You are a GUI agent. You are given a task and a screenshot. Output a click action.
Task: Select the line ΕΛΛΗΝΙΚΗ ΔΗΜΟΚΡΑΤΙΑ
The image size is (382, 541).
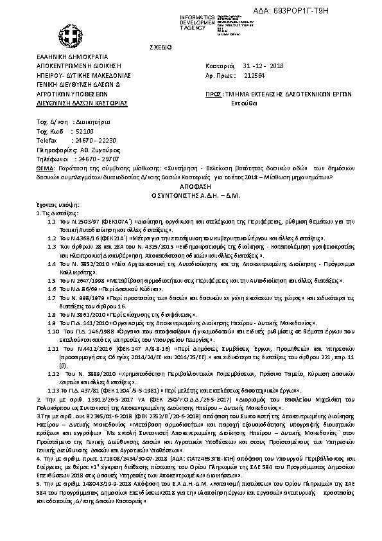[72, 57]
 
